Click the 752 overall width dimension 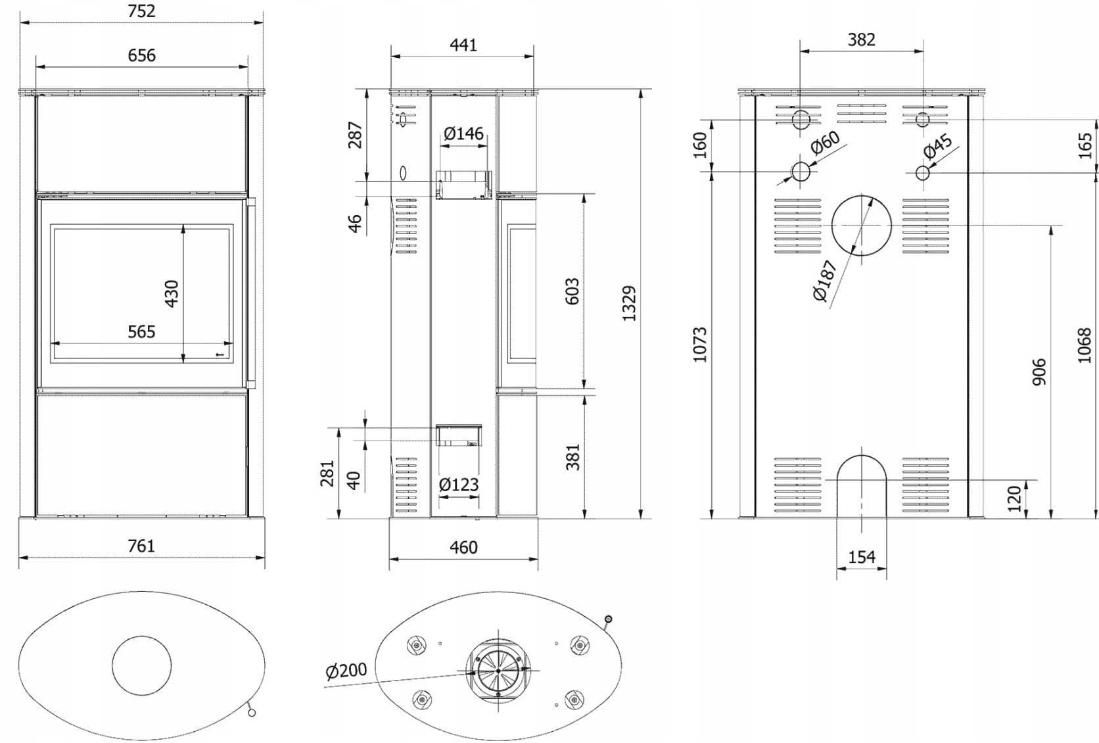(x=142, y=11)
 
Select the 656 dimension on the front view (x=142, y=55)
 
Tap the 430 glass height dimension (x=172, y=293)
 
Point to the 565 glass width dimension (x=142, y=331)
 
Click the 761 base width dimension (x=142, y=546)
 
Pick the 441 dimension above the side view (x=463, y=45)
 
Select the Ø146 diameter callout (x=463, y=134)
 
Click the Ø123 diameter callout (x=459, y=485)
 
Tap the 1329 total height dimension (x=629, y=303)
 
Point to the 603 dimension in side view (x=573, y=291)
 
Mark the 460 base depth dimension (x=463, y=547)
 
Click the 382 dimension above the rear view (x=861, y=40)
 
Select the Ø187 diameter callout (x=824, y=281)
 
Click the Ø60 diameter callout (x=825, y=142)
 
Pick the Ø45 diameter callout (x=938, y=146)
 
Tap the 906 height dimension (x=1039, y=372)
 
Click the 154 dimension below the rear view (x=861, y=558)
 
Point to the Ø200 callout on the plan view (x=346, y=671)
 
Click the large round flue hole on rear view (x=861, y=226)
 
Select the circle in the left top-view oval (x=142, y=665)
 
